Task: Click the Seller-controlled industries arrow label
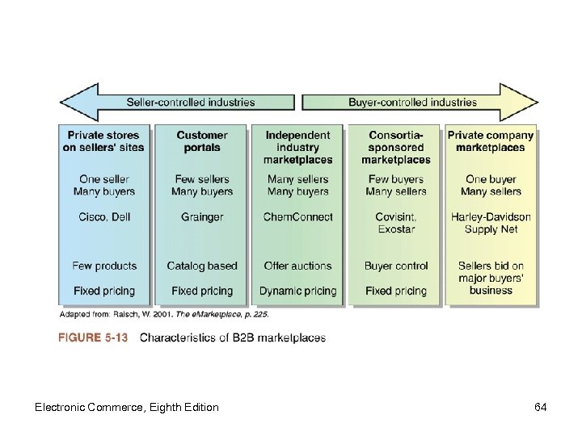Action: tap(191, 103)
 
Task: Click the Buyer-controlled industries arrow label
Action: tap(412, 103)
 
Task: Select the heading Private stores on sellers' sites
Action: tap(103, 141)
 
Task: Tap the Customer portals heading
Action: tap(202, 141)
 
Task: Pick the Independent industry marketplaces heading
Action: tap(297, 147)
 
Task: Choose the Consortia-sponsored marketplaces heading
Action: tap(395, 147)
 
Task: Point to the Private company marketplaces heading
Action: tap(491, 141)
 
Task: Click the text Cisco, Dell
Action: tap(104, 217)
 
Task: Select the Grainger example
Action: tap(202, 217)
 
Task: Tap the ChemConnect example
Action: tap(297, 217)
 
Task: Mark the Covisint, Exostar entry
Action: tap(395, 223)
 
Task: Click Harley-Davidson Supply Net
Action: tap(491, 223)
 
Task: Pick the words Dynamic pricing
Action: tap(297, 291)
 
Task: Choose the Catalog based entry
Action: tap(202, 266)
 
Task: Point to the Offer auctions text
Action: tap(297, 266)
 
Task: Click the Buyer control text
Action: tap(395, 266)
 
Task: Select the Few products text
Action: tap(104, 266)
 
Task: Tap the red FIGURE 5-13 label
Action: tap(93, 337)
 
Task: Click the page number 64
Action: tap(541, 407)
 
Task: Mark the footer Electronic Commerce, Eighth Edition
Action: tap(127, 407)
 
